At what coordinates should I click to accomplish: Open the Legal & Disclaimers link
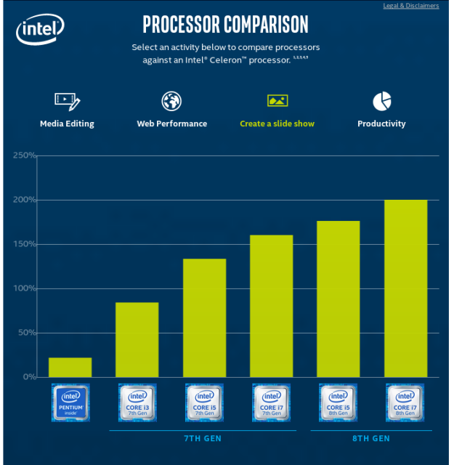[411, 6]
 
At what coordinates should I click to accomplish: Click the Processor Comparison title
[225, 24]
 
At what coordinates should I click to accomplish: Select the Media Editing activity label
[67, 124]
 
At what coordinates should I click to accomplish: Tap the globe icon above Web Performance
[171, 100]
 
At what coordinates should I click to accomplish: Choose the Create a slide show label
[277, 124]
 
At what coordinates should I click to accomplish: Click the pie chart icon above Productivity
[381, 100]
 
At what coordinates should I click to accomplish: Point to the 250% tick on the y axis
[24, 155]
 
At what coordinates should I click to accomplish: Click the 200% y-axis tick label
[24, 200]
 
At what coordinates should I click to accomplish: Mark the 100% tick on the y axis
[24, 288]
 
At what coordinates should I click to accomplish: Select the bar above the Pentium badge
[70, 367]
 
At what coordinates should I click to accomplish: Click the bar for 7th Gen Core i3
[137, 339]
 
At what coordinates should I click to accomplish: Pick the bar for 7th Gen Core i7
[272, 306]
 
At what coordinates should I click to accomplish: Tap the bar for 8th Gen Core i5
[339, 299]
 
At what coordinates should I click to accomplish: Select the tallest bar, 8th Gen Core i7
[405, 288]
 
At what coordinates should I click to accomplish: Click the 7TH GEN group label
[203, 439]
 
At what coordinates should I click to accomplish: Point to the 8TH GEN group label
[371, 439]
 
